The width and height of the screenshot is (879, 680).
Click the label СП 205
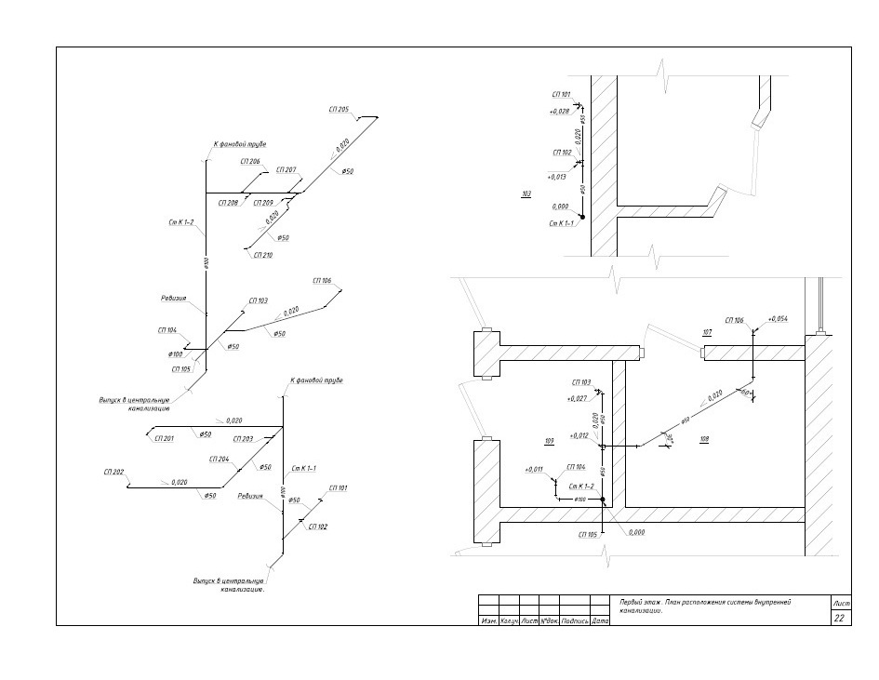[x=339, y=110]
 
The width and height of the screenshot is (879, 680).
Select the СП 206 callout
[x=248, y=162]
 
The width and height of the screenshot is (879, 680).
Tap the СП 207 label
[x=286, y=170]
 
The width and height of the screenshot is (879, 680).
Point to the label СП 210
[x=262, y=255]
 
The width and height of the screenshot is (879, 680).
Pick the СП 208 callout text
[x=228, y=202]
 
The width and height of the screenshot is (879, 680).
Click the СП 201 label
[x=164, y=438]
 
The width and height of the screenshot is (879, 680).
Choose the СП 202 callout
[x=113, y=473]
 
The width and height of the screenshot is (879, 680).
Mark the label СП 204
[x=219, y=460]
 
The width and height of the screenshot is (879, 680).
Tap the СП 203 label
[x=244, y=439]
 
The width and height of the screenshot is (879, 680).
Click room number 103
[x=527, y=194]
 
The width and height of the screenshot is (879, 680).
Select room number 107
[x=707, y=332]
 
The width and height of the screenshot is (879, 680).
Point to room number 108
[x=704, y=438]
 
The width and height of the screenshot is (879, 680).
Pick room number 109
[x=550, y=438]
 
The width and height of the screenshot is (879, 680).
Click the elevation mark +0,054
[x=778, y=319]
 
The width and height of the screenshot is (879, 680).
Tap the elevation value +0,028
[x=560, y=111]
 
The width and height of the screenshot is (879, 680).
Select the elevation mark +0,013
[x=557, y=176]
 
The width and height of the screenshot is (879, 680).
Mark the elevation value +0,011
[x=534, y=470]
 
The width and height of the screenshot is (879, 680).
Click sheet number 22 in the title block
[x=839, y=619]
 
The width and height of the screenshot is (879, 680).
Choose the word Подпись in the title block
[x=575, y=620]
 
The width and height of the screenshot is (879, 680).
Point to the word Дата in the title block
[x=601, y=620]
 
